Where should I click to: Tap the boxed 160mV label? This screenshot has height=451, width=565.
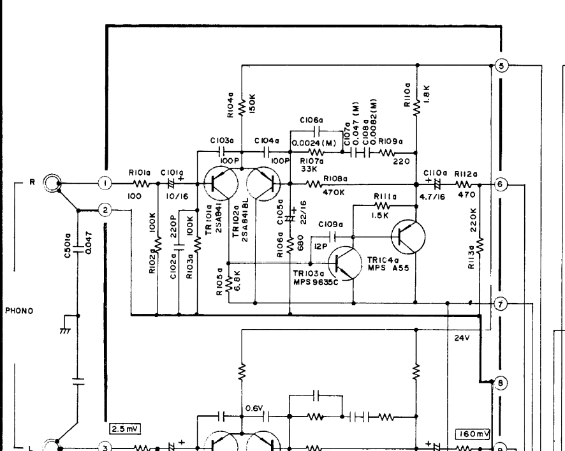pyautogui.click(x=473, y=434)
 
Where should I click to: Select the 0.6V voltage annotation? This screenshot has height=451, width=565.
pyautogui.click(x=253, y=403)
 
